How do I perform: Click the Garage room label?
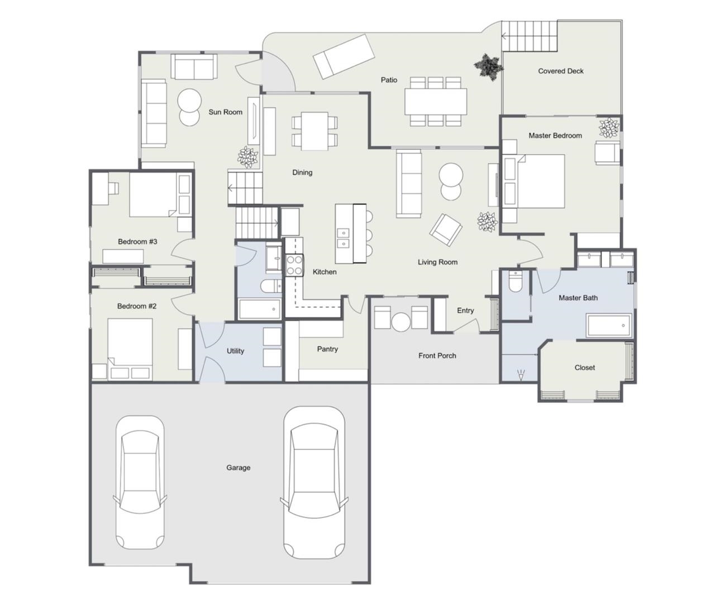(238, 468)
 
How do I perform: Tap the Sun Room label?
(225, 112)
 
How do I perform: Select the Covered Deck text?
(561, 71)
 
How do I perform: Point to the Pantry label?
(327, 349)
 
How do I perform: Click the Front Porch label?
(437, 355)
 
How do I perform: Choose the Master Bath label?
(578, 298)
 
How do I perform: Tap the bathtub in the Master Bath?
(609, 325)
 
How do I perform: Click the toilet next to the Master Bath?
(515, 281)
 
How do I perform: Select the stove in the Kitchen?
(294, 265)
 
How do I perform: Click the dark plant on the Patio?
(489, 67)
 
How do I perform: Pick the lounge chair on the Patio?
(344, 56)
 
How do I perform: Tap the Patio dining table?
(435, 102)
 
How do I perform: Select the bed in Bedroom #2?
(130, 349)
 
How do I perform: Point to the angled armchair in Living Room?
(446, 230)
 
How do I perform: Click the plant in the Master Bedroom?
(609, 128)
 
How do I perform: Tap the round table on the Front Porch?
(401, 322)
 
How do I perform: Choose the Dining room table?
(314, 131)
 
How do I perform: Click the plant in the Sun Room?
(247, 157)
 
